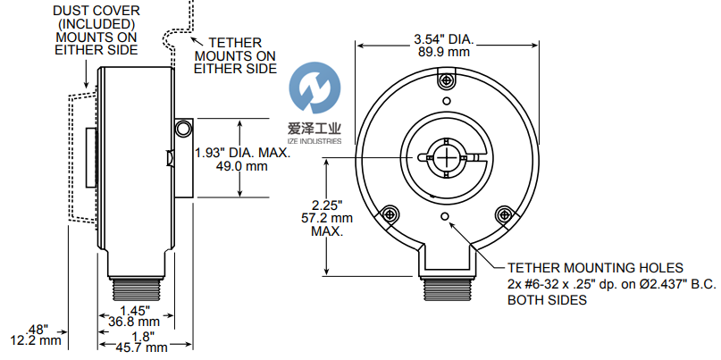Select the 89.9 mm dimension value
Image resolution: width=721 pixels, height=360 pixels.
tap(443, 53)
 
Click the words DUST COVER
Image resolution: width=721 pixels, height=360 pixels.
tap(97, 10)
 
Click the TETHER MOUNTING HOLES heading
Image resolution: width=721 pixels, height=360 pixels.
tap(595, 267)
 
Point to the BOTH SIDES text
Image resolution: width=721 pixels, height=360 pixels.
tap(547, 301)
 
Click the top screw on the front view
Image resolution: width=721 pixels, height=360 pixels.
tap(444, 82)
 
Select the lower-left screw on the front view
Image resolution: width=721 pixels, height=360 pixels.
tap(389, 214)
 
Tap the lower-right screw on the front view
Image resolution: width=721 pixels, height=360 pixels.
tap(503, 214)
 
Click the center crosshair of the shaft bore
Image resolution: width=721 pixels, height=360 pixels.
tap(445, 158)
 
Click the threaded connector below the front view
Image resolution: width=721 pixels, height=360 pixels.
tap(445, 288)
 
